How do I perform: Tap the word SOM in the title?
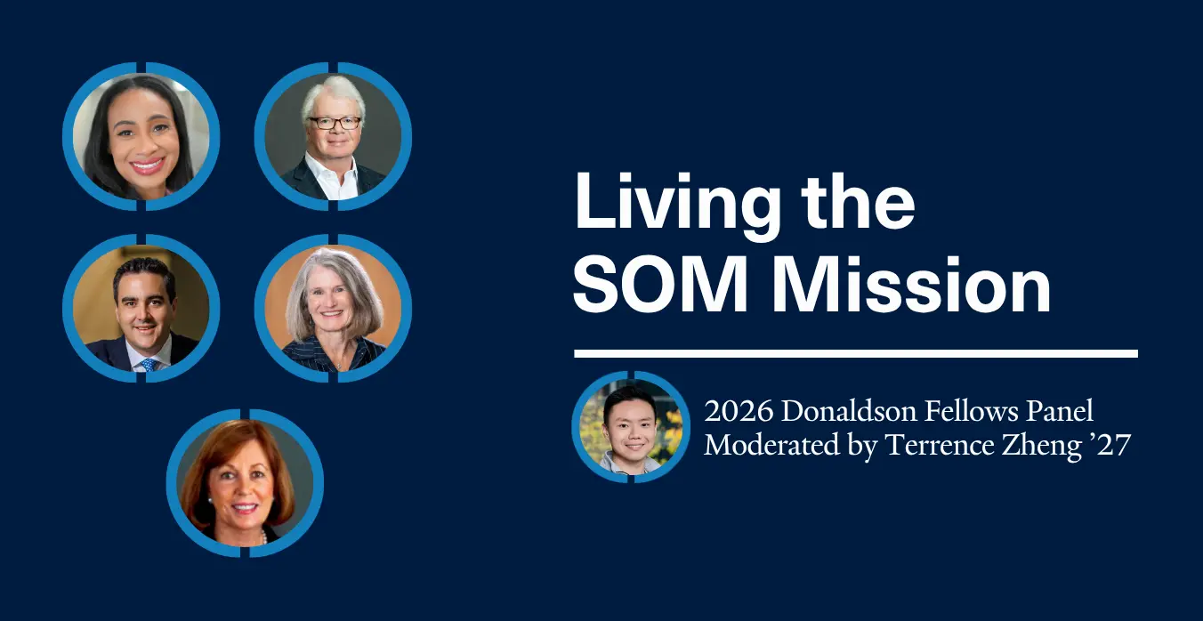661,285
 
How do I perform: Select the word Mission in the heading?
911,285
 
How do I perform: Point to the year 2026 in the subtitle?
739,412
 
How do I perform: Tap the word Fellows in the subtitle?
971,412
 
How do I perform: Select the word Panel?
1060,412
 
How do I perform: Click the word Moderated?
772,446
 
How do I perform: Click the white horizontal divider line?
856,353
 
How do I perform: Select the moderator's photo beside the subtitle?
631,427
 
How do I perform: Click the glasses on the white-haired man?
334,123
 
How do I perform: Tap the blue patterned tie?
149,364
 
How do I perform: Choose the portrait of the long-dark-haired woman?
141,136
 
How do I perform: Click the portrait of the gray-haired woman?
333,309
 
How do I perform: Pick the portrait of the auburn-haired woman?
245,483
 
